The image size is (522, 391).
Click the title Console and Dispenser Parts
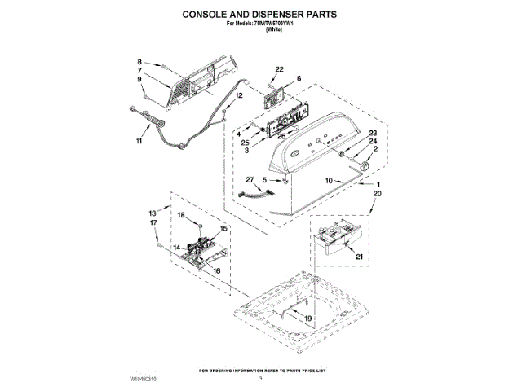click(x=259, y=15)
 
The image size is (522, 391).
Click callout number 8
click(x=139, y=62)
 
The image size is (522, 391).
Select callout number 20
click(x=377, y=195)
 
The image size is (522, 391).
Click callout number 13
click(x=153, y=212)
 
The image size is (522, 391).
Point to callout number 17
click(x=153, y=222)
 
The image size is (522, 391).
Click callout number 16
click(x=217, y=270)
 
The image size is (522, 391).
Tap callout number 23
click(x=373, y=133)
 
